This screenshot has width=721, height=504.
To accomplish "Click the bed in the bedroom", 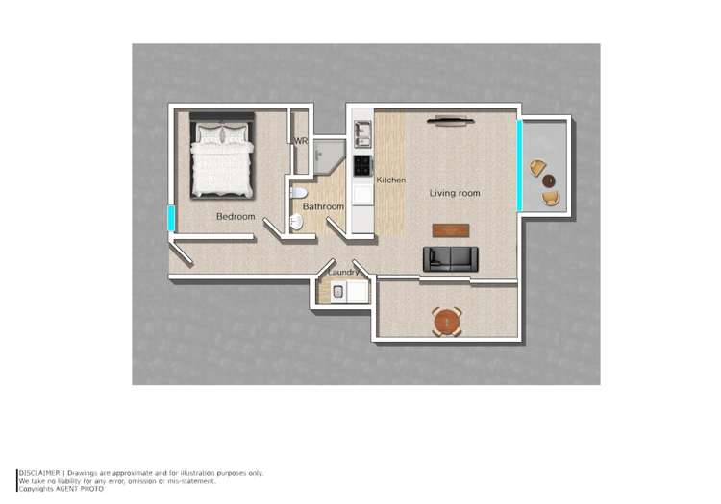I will coord(223,156).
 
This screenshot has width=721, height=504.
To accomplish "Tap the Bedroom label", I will coord(236,217).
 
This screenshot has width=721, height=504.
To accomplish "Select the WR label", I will coord(301,141).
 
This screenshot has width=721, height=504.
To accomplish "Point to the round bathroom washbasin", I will coord(297,222).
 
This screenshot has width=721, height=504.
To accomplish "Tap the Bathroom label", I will coord(323,206).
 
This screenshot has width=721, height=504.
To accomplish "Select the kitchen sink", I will coord(363,132).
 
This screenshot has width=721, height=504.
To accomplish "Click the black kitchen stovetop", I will coord(363,165).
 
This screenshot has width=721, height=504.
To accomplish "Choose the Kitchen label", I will coord(391,180).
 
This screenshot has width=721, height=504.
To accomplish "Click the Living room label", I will coord(455,194).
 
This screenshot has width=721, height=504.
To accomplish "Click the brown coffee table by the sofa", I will coord(450,230).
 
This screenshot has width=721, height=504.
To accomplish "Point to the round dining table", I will coord(446,321).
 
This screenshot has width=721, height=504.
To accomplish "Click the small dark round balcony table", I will coord(548,180).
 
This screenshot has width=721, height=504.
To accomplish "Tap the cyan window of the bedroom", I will coord(172,218).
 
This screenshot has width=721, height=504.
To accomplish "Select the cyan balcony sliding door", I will coord(519,164).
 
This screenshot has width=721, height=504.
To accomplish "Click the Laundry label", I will coord(343,274).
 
